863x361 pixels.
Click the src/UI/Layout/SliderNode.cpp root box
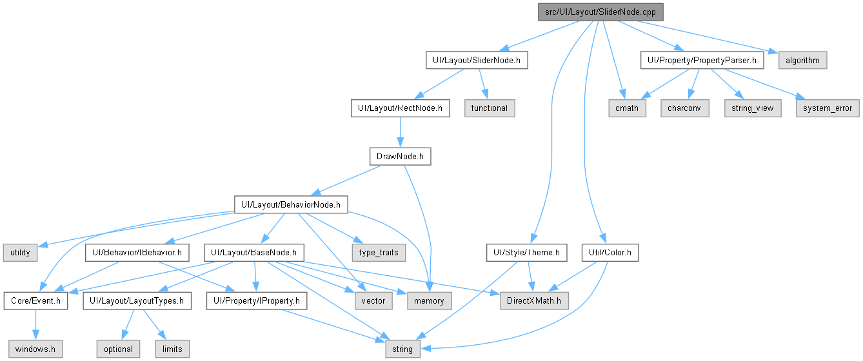pyautogui.click(x=600, y=12)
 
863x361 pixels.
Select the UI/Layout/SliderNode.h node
pyautogui.click(x=477, y=60)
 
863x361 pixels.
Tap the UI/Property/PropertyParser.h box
pyautogui.click(x=702, y=60)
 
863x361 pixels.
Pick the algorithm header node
pyautogui.click(x=802, y=60)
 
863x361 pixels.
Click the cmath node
pyautogui.click(x=627, y=108)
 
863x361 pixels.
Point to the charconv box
pyautogui.click(x=684, y=108)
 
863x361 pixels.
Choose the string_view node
pyautogui.click(x=753, y=108)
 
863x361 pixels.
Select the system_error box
pyautogui.click(x=828, y=108)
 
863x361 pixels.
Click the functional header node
pyautogui.click(x=490, y=108)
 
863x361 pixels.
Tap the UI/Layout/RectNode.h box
pyautogui.click(x=400, y=108)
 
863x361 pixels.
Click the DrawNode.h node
pyautogui.click(x=400, y=156)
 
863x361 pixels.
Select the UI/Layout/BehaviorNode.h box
pyautogui.click(x=291, y=204)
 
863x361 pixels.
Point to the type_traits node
pyautogui.click(x=379, y=253)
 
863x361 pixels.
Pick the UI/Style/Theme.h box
pyautogui.click(x=527, y=253)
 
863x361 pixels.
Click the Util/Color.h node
pyautogui.click(x=610, y=253)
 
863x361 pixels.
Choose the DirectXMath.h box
pyautogui.click(x=534, y=300)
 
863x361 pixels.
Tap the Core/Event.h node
pyautogui.click(x=36, y=300)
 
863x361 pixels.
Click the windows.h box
pyautogui.click(x=35, y=349)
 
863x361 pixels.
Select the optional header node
pyautogui.click(x=118, y=349)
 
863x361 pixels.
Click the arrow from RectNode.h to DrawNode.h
pyautogui.click(x=400, y=132)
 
